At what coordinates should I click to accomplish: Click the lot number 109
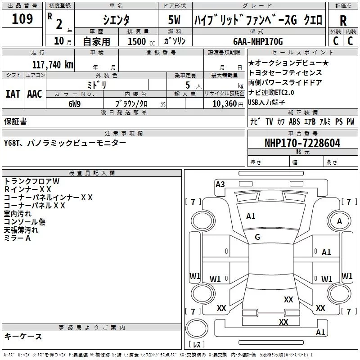[22, 18]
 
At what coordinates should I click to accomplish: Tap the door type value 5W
[174, 19]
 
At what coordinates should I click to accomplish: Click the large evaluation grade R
[343, 20]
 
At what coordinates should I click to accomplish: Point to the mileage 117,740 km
[52, 64]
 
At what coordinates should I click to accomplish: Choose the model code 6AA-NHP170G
[258, 41]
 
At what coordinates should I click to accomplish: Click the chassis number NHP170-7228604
[302, 143]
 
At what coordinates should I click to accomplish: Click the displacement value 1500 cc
[137, 42]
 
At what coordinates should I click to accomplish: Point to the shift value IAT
[13, 94]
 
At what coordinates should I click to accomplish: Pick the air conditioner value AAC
[35, 94]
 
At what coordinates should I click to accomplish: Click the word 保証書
[15, 121]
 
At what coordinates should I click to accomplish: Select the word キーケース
[23, 336]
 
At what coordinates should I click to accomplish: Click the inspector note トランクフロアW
[31, 181]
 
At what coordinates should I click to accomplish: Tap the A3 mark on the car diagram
[220, 184]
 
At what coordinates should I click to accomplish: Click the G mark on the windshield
[257, 237]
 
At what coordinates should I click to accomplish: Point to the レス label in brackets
[197, 345]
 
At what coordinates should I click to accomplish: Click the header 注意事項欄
[124, 134]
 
